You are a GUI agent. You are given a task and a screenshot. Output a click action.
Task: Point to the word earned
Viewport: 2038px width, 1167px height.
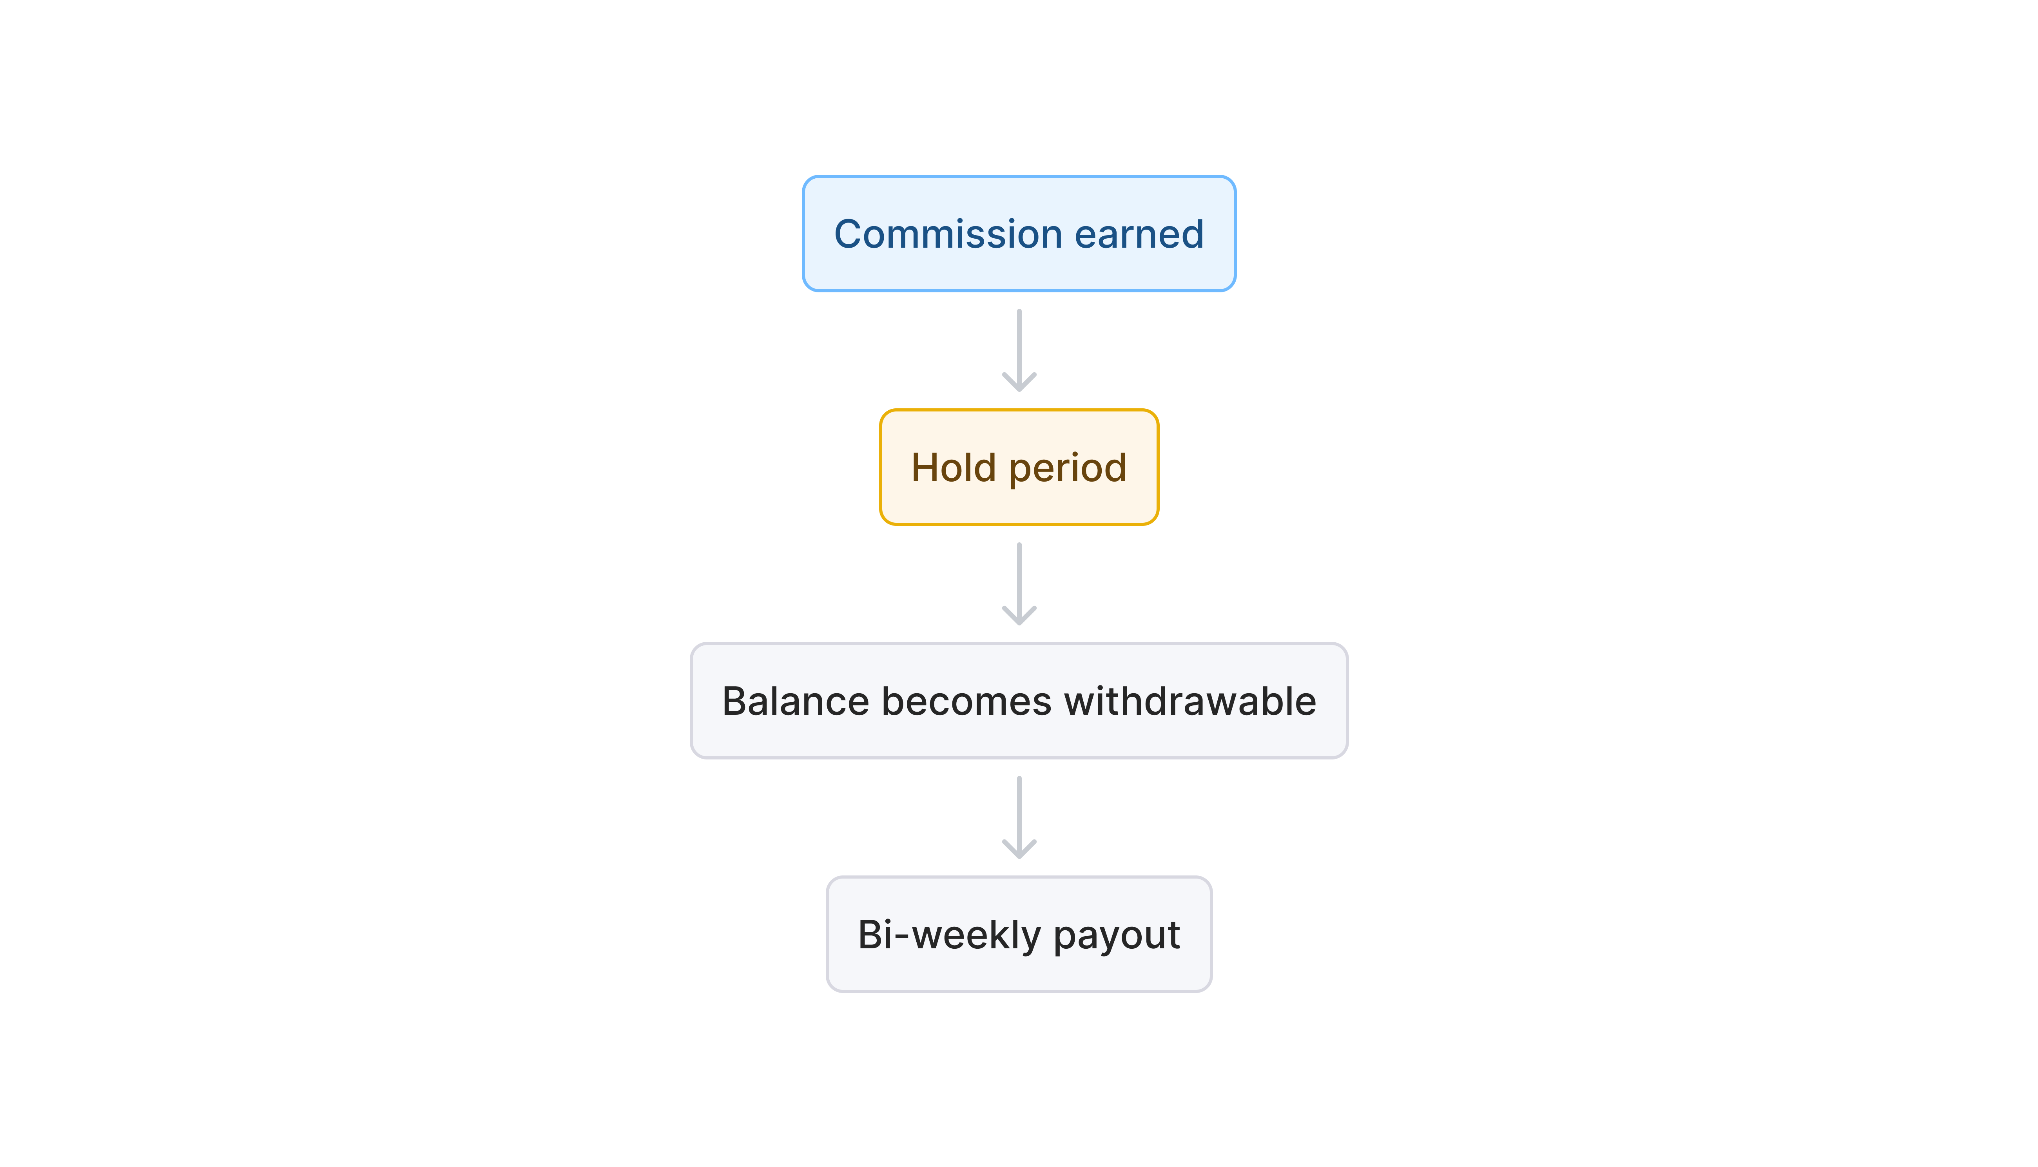pyautogui.click(x=1139, y=234)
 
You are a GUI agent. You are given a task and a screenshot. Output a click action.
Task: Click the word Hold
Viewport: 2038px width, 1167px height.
pyautogui.click(x=953, y=467)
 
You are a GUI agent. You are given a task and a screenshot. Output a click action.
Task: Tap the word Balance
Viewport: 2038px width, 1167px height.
pyautogui.click(x=795, y=701)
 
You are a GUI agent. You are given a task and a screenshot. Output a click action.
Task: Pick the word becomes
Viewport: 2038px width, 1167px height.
pyautogui.click(x=966, y=701)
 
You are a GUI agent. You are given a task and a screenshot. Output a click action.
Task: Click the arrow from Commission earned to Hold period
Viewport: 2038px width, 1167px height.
pyautogui.click(x=1019, y=344)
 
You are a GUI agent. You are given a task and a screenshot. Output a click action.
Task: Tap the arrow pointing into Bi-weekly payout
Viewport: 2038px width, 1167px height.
pyautogui.click(x=1019, y=811)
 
